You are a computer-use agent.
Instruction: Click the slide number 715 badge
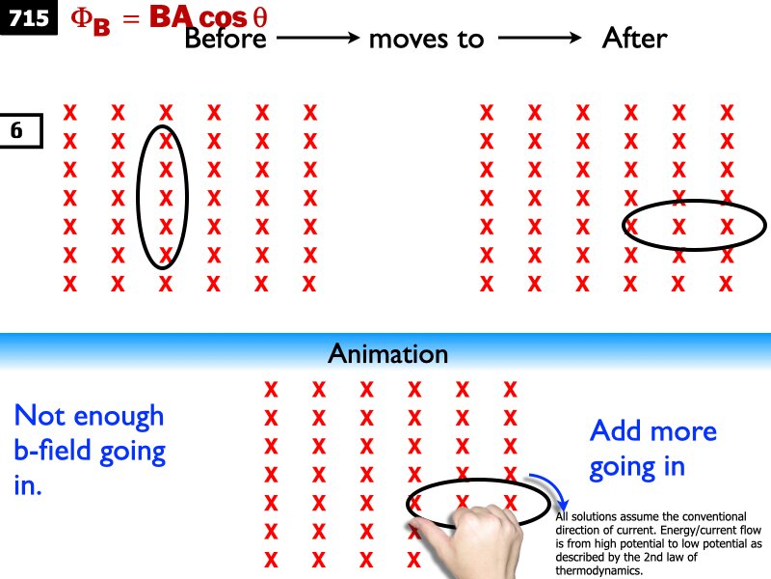[x=29, y=17]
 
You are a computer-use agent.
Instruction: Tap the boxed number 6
[x=18, y=130]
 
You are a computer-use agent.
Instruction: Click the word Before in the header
[x=226, y=39]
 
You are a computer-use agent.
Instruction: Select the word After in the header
[x=634, y=39]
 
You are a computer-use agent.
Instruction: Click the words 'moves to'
[x=426, y=39]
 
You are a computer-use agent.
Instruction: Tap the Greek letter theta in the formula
[x=259, y=18]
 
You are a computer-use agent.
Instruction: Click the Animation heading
[x=388, y=353]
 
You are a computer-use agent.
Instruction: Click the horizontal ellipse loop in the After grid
[x=694, y=202]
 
